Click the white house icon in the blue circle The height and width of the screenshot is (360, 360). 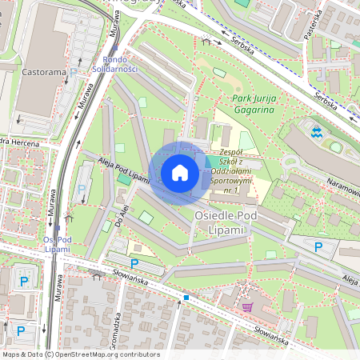pyautogui.click(x=180, y=172)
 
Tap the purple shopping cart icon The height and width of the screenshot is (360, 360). pyautogui.click(x=247, y=306)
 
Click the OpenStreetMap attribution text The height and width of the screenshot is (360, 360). pyautogui.click(x=81, y=354)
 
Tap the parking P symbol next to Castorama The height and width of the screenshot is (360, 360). pyautogui.click(x=74, y=71)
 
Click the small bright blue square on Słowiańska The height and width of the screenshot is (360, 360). pyautogui.click(x=186, y=298)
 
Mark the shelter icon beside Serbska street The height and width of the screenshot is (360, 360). pyautogui.click(x=206, y=41)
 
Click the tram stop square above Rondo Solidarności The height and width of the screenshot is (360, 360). pyautogui.click(x=114, y=48)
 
